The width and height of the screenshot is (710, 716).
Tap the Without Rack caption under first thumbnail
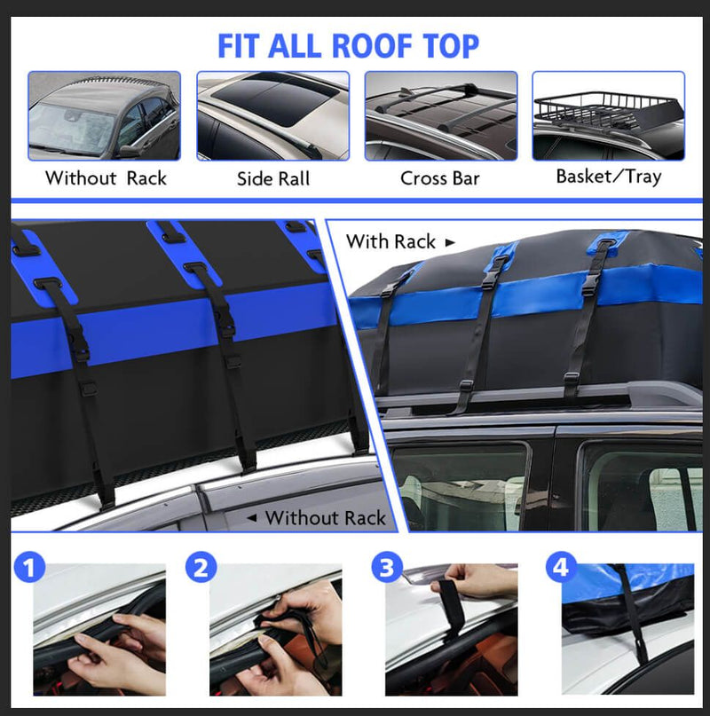coord(106,178)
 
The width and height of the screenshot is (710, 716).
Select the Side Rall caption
coord(273,178)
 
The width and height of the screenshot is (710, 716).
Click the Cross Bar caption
coord(439,178)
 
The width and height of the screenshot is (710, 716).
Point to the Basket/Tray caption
coord(608,177)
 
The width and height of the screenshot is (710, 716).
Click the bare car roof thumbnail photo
coord(104,115)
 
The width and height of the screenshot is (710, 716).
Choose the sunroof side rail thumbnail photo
coord(273,115)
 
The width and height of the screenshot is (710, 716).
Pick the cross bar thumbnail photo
coord(440,115)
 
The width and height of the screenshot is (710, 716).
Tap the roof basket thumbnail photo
coord(608,115)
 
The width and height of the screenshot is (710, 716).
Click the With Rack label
coord(390,241)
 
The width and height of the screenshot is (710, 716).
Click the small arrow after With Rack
coord(450,241)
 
